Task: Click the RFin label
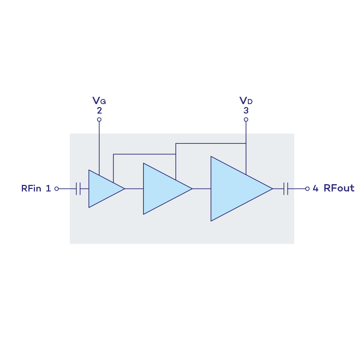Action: [x=31, y=188]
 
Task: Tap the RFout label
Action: [x=339, y=188]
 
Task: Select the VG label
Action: [x=99, y=101]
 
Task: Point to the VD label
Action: [x=246, y=101]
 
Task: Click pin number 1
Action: [x=48, y=188]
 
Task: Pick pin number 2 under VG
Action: [x=99, y=111]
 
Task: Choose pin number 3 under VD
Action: [x=246, y=111]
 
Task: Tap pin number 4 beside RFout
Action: [x=315, y=188]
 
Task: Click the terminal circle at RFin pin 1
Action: [x=56, y=189]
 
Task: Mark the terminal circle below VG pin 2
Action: [x=99, y=119]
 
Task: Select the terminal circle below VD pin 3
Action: [x=246, y=119]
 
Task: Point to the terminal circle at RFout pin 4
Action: [x=307, y=189]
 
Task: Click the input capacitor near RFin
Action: [x=78, y=189]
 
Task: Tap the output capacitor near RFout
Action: [x=286, y=189]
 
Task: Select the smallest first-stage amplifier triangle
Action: [x=102, y=189]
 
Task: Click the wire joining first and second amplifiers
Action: [x=134, y=189]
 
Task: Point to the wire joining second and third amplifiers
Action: [x=201, y=189]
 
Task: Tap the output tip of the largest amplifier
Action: [x=272, y=189]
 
